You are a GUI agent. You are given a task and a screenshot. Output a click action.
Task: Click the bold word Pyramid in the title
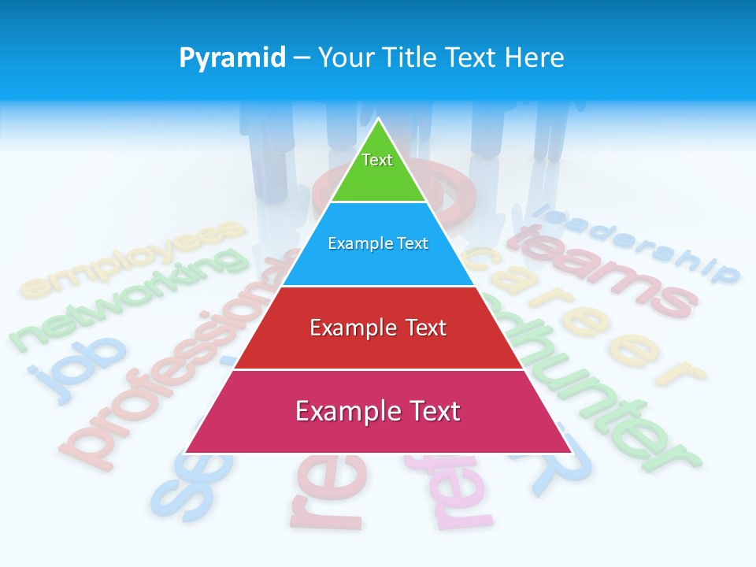click(232, 58)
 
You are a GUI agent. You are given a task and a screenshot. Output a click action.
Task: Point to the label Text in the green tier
click(377, 160)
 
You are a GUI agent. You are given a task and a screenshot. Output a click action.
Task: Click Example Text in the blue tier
click(378, 243)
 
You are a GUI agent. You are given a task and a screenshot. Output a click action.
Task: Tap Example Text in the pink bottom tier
click(378, 411)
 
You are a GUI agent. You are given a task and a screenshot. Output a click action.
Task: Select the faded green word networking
click(126, 299)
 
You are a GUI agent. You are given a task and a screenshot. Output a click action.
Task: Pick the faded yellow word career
click(583, 315)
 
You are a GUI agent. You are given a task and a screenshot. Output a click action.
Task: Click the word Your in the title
click(346, 57)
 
